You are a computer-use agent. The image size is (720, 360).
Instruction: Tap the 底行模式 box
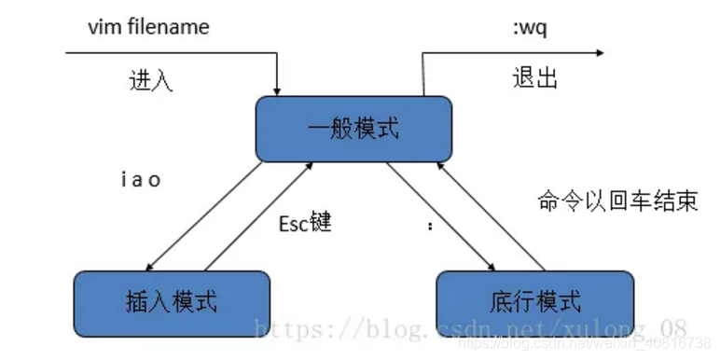point(534,302)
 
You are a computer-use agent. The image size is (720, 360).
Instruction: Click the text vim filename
point(148,27)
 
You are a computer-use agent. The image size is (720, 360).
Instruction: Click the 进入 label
point(150,80)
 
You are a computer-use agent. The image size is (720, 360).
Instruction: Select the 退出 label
point(535,77)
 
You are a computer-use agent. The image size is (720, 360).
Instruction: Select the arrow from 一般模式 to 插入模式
point(202,216)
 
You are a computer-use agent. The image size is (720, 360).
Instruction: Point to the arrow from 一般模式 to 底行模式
point(440,216)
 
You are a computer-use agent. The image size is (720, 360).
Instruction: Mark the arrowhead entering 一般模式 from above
point(278,89)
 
